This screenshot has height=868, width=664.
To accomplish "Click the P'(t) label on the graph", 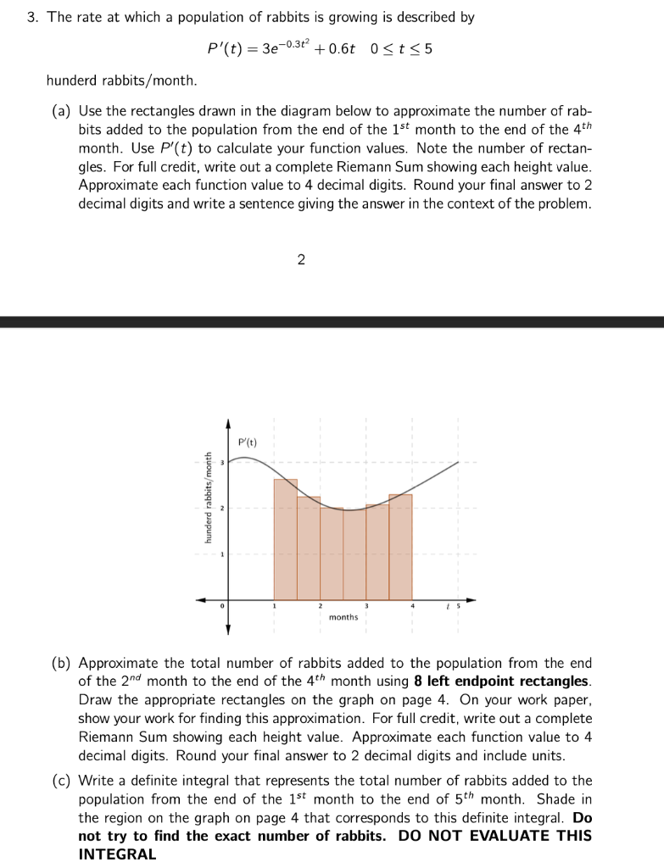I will click(248, 442).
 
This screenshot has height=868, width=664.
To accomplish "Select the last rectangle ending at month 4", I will click(400, 547).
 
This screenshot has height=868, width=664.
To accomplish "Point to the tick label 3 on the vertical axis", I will click(221, 463).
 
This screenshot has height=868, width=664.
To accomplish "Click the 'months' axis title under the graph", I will click(343, 617).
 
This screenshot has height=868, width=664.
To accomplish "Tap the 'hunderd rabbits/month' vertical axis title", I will click(206, 509).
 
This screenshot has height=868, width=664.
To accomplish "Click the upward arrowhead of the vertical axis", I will click(228, 423).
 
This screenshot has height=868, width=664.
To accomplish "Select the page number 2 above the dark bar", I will click(301, 259).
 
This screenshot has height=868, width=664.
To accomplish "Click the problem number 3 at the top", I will click(31, 18).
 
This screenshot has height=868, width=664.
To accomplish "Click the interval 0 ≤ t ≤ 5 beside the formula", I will click(402, 49).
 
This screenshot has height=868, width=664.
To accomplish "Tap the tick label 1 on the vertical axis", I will click(221, 554).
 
